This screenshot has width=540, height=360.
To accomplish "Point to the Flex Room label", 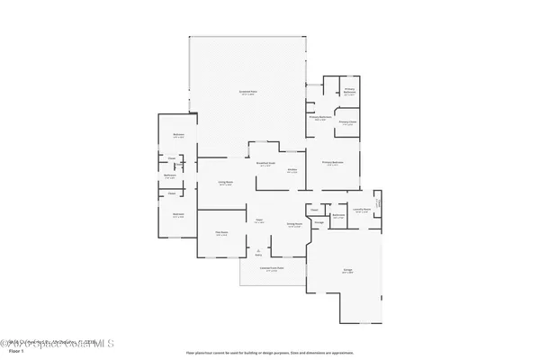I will [221, 233].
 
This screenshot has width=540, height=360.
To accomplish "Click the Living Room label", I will [226, 183].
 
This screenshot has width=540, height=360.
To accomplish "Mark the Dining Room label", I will [293, 224].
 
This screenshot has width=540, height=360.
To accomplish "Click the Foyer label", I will [259, 220].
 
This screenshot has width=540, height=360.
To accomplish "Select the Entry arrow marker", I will [258, 253].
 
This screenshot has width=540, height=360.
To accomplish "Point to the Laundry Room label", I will [362, 211].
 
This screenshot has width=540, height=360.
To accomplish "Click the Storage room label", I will [319, 221].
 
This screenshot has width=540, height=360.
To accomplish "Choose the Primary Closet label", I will [346, 123].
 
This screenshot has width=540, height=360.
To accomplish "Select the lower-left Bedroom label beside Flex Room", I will [178, 215].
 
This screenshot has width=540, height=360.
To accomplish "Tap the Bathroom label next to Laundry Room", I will [339, 216].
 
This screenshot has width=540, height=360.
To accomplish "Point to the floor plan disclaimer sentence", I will [269, 353].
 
